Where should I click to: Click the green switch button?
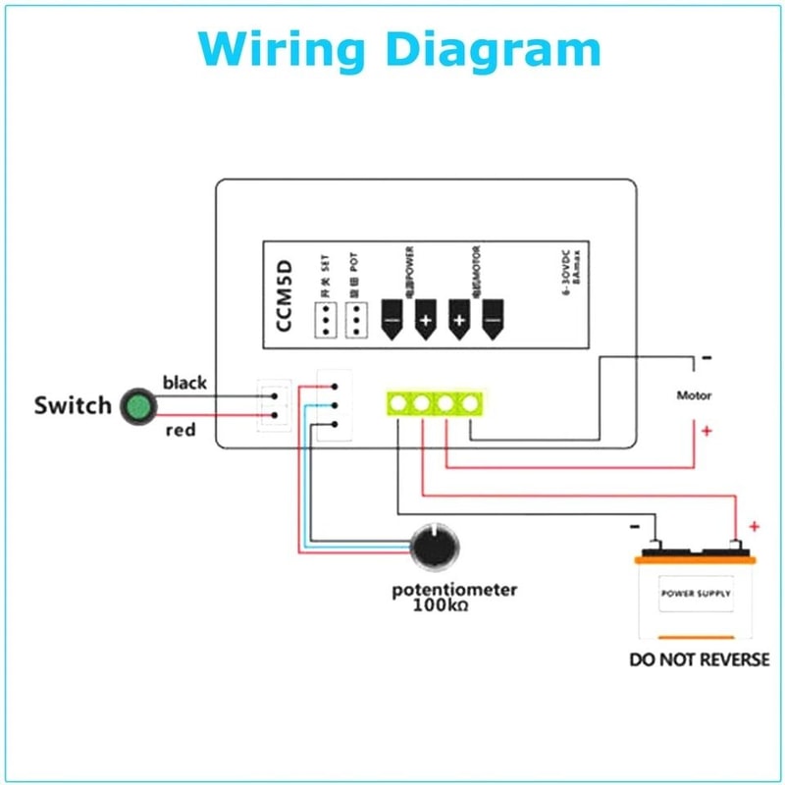tap(137, 405)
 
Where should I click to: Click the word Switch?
tap(73, 405)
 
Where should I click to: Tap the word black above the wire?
tap(184, 382)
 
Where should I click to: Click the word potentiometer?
tap(454, 590)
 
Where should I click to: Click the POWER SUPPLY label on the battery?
tap(695, 594)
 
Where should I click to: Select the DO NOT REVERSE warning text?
tap(699, 659)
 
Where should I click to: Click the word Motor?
tap(694, 395)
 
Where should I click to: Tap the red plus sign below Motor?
tap(706, 430)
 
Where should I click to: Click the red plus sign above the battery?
tap(754, 527)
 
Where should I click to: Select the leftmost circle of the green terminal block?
tap(399, 402)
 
